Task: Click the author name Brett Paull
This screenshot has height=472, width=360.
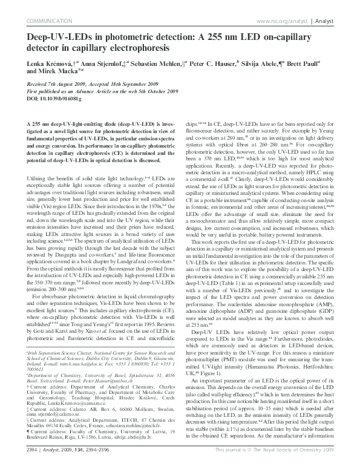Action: point(315,63)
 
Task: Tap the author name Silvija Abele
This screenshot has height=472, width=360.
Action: point(262,63)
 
